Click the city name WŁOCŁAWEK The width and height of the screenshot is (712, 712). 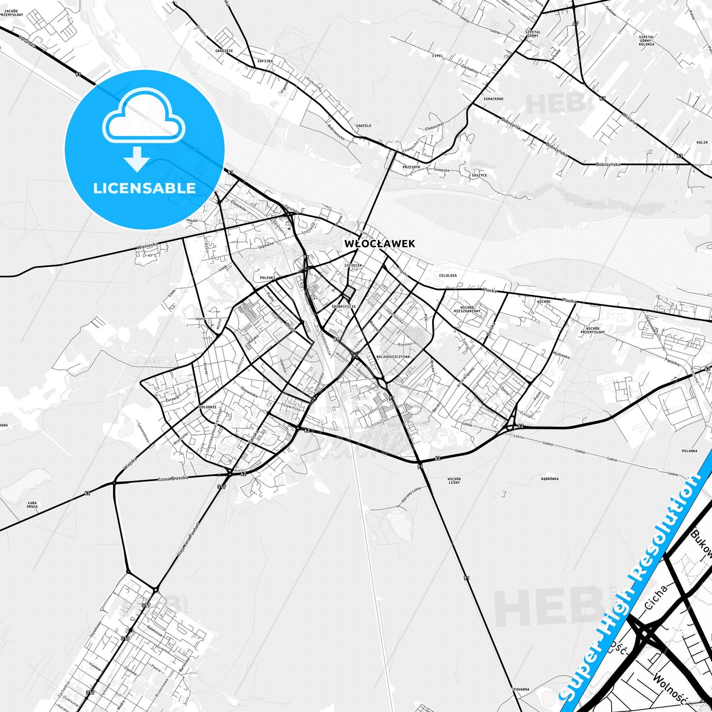379,243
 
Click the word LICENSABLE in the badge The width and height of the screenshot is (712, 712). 144,188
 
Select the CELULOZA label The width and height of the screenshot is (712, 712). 447,275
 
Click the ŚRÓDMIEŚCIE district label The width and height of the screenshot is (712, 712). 343,306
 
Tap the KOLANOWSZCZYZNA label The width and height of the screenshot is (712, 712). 393,357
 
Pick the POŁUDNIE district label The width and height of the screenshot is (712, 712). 207,407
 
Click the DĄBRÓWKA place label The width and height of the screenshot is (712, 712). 550,478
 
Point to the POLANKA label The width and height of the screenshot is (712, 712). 689,451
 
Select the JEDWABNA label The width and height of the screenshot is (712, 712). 520,689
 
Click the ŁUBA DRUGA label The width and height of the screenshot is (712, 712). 32,505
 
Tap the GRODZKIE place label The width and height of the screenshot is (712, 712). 224,51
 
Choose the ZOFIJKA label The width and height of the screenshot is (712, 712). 265,61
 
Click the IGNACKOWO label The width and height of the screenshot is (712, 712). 493,99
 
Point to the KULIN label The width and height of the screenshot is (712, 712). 702,142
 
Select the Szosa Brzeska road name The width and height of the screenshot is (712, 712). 173,479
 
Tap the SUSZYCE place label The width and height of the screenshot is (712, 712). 479,175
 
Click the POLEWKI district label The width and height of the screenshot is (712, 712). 267,278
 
